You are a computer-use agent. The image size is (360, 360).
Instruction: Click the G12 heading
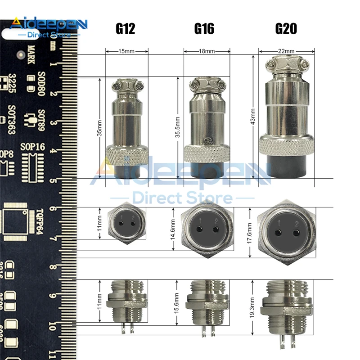(125, 29)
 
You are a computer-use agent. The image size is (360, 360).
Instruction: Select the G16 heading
(204, 29)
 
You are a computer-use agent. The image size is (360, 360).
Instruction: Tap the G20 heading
(286, 29)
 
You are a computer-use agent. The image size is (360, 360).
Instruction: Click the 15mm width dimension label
(126, 51)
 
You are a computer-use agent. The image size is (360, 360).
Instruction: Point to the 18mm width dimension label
(207, 51)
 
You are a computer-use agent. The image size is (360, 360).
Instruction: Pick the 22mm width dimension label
(286, 51)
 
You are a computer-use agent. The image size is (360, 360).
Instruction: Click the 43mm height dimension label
(253, 117)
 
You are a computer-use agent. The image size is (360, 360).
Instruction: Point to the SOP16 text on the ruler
(33, 147)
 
